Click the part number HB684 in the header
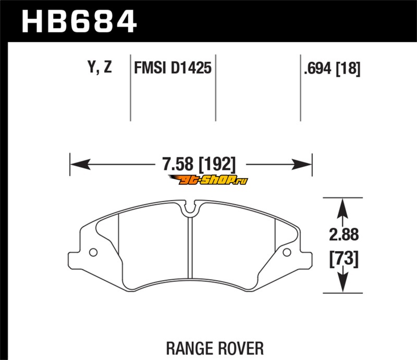79,22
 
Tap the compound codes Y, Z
100,68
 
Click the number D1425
191,68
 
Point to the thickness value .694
318,68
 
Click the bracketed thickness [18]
348,68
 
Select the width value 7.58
178,164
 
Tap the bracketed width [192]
217,164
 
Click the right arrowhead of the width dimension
302,164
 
